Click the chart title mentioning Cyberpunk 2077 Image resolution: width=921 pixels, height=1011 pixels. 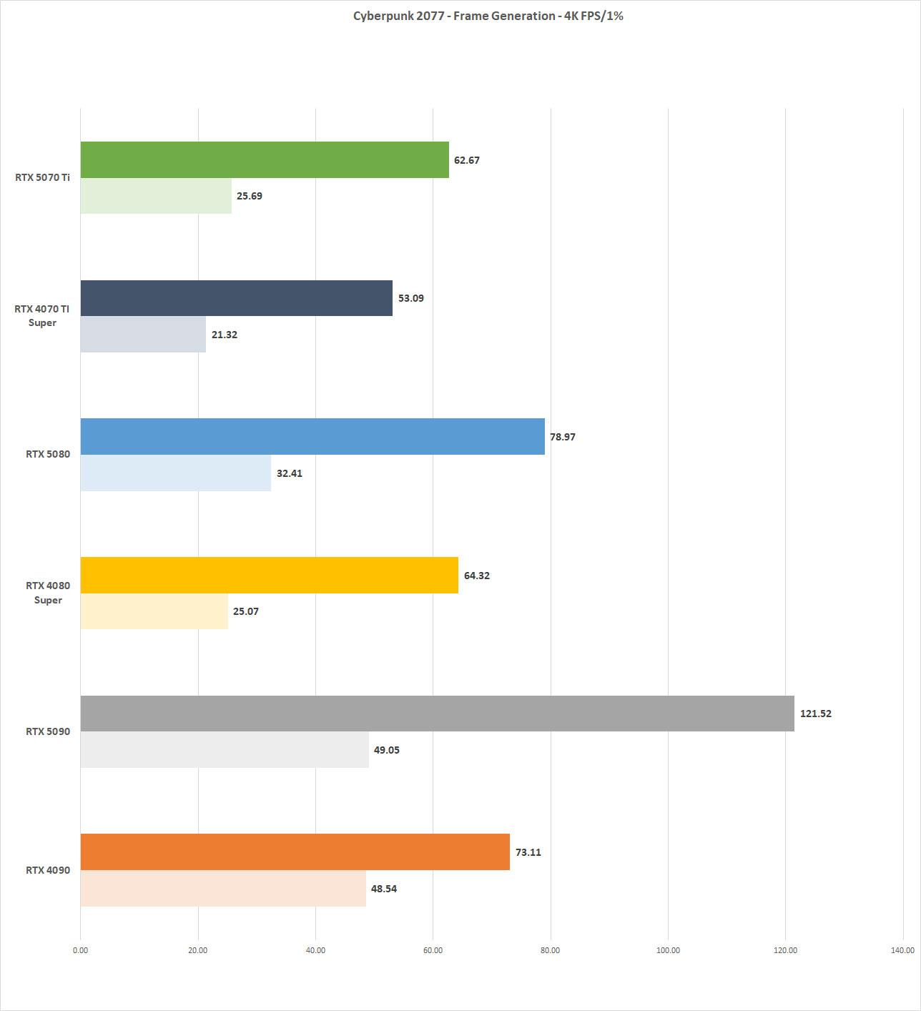point(488,16)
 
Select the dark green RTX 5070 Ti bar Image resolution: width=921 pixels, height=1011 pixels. point(265,159)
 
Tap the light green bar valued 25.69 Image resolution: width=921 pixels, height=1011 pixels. point(156,196)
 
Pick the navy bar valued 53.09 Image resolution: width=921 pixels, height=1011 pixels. point(236,298)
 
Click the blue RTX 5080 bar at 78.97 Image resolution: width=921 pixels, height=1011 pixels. point(312,437)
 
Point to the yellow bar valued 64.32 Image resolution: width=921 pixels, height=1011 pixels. point(269,575)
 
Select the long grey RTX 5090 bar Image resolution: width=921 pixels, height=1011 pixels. point(437,714)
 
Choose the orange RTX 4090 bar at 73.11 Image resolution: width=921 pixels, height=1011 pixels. point(295,852)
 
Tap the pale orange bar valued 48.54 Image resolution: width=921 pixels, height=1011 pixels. point(223,889)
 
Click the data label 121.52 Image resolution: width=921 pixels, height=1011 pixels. point(816,714)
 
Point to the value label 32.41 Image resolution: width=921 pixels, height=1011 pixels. point(290,473)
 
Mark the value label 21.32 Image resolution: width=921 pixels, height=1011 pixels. point(225,335)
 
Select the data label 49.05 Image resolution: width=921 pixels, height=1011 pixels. point(387,750)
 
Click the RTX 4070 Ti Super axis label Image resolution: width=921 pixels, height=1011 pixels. point(42,315)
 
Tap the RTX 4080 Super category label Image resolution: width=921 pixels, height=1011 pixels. point(48,593)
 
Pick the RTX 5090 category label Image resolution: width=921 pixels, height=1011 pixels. point(48,731)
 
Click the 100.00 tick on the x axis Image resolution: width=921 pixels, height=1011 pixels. point(668,950)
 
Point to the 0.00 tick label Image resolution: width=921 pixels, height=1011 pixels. point(80,950)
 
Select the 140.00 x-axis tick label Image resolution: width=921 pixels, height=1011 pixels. point(902,950)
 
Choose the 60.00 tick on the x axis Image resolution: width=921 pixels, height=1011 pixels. point(433,950)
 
